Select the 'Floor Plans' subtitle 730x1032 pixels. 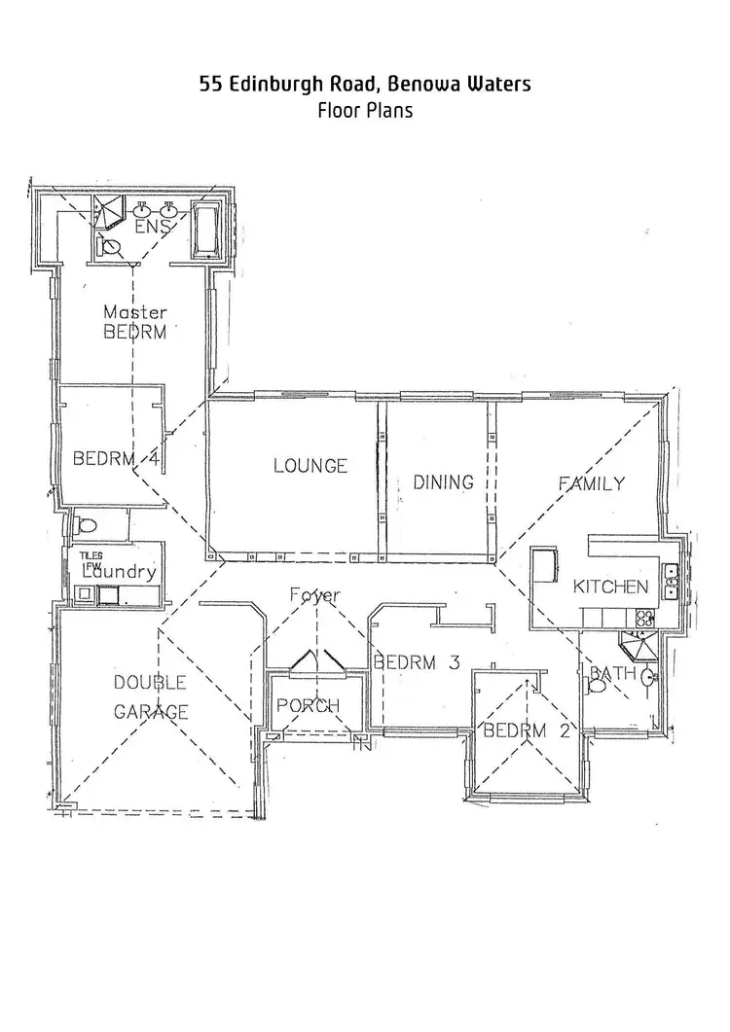coord(365,110)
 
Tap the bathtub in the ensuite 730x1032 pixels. coord(207,230)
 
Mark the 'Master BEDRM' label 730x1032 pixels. coord(135,322)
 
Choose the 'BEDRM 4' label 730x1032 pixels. coord(116,458)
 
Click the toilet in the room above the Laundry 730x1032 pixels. coord(86,526)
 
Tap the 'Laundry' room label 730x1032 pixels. coord(118,572)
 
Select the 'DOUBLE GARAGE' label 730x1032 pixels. coord(151,696)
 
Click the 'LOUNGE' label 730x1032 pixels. coord(310,466)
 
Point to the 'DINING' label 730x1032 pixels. coord(443,481)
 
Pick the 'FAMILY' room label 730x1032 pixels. coord(591,483)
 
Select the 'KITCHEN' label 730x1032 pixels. coord(609,587)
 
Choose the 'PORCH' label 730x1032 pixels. coord(308,705)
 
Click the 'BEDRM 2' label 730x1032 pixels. coord(527,730)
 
